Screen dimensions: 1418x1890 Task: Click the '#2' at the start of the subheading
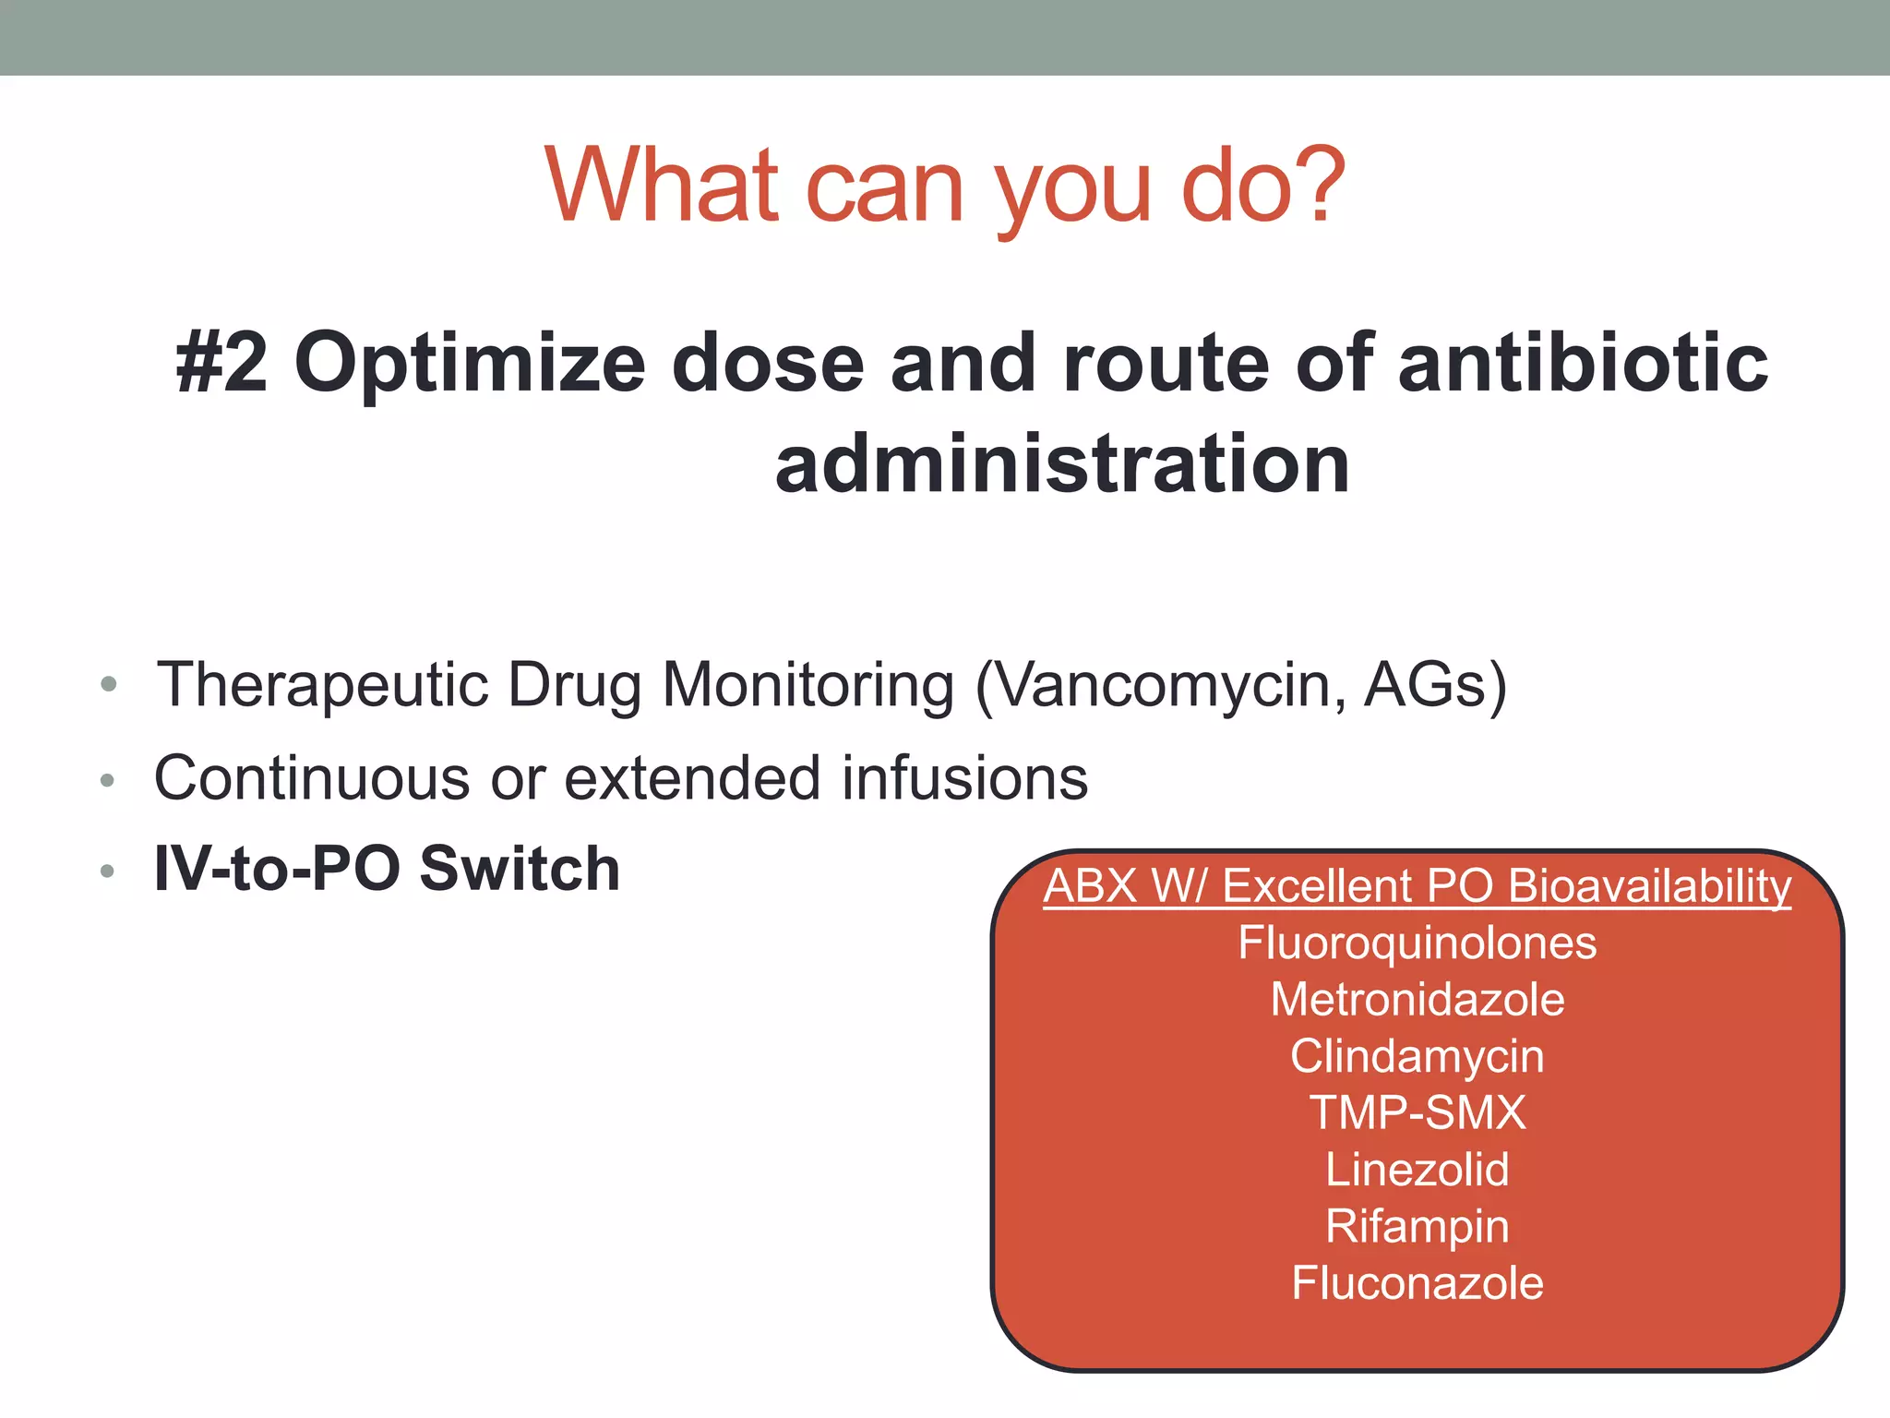click(222, 363)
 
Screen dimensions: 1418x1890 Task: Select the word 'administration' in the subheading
click(1062, 463)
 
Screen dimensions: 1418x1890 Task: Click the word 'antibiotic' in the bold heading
click(1583, 363)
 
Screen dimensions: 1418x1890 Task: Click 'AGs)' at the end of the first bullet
click(1435, 685)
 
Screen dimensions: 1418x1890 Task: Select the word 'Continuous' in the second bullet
click(312, 778)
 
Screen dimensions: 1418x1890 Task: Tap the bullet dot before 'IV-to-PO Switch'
click(107, 871)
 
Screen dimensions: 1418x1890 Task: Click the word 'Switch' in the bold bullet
click(520, 869)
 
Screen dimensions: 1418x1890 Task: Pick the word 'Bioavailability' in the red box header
click(1649, 886)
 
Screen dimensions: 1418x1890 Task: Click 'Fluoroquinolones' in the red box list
click(1417, 943)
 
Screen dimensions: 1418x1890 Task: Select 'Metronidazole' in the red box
click(1417, 1000)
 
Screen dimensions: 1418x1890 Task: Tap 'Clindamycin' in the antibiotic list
click(1417, 1056)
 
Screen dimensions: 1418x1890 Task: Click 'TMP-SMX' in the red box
click(1417, 1112)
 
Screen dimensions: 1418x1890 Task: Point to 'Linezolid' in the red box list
click(1417, 1170)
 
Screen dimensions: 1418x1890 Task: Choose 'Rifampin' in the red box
click(1417, 1226)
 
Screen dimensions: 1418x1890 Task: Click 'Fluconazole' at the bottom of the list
click(1417, 1283)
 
